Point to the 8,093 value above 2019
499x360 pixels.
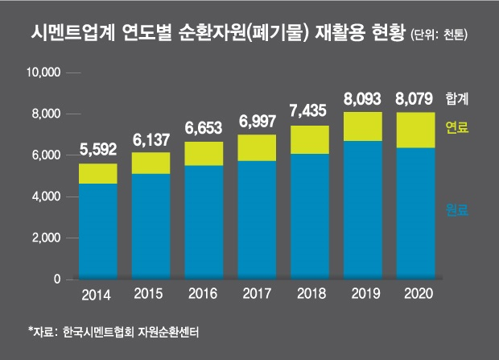tap(363, 101)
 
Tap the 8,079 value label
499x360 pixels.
tap(415, 101)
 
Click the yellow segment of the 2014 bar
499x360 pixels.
tap(97, 173)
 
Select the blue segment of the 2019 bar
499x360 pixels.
tap(363, 209)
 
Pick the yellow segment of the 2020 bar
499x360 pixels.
tap(415, 130)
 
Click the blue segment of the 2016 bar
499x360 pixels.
tap(204, 221)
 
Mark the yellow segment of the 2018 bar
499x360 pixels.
tap(310, 139)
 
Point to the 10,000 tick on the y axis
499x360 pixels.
tap(45, 72)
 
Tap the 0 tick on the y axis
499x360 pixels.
tap(57, 279)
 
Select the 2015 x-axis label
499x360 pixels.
tap(151, 293)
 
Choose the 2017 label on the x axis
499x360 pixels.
tap(257, 293)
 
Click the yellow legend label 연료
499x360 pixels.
tap(456, 127)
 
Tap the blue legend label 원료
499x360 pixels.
tap(456, 210)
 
